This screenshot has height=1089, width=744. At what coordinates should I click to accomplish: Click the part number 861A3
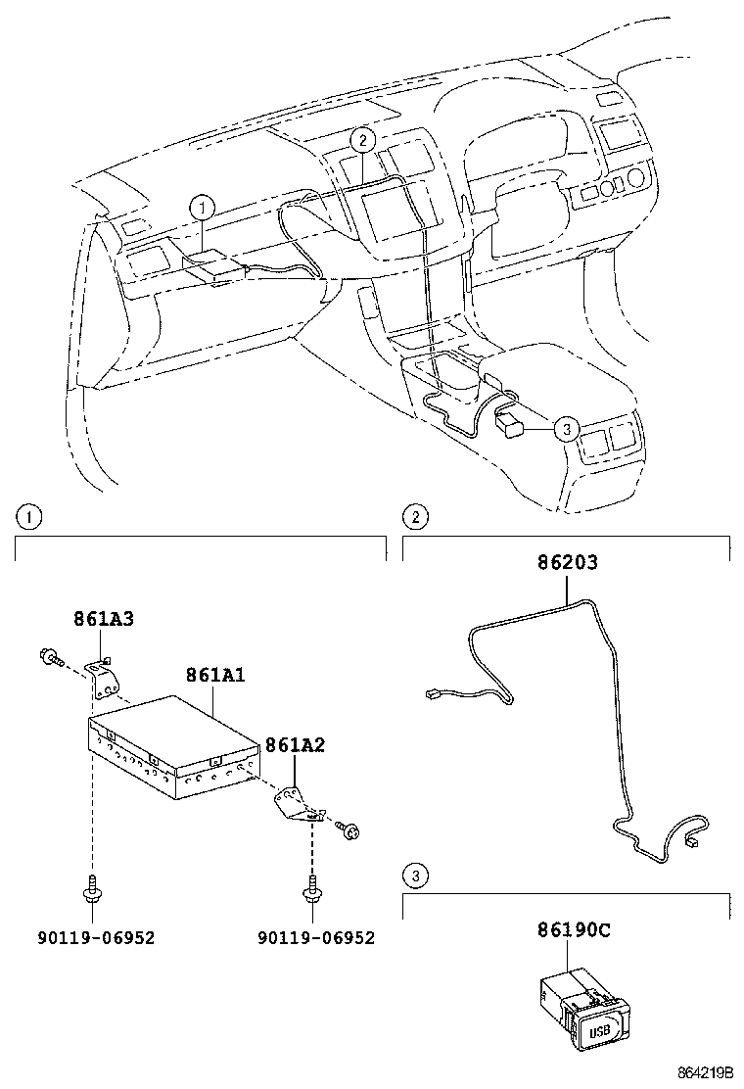pyautogui.click(x=103, y=619)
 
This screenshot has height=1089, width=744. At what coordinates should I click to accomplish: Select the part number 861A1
pyautogui.click(x=214, y=675)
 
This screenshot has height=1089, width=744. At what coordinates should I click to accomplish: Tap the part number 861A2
pyautogui.click(x=295, y=745)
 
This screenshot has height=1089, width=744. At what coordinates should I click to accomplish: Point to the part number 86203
pyautogui.click(x=567, y=563)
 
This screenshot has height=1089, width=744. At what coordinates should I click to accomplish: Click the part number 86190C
pyautogui.click(x=573, y=930)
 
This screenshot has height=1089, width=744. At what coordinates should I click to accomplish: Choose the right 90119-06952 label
pyautogui.click(x=316, y=937)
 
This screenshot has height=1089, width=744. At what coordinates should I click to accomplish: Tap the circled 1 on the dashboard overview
pyautogui.click(x=202, y=207)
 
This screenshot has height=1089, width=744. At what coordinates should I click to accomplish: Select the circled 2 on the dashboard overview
pyautogui.click(x=361, y=140)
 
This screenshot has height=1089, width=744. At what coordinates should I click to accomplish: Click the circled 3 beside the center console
pyautogui.click(x=565, y=428)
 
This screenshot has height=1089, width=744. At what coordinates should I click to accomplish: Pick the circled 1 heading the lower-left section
pyautogui.click(x=30, y=516)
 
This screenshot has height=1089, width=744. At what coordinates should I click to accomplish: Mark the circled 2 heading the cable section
pyautogui.click(x=415, y=516)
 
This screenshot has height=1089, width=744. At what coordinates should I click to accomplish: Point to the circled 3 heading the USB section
pyautogui.click(x=415, y=876)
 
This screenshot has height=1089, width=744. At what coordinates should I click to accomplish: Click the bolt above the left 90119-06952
pyautogui.click(x=91, y=888)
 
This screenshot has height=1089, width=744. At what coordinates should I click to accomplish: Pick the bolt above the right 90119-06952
pyautogui.click(x=312, y=888)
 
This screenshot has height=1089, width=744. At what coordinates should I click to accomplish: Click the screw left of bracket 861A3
pyautogui.click(x=47, y=656)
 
